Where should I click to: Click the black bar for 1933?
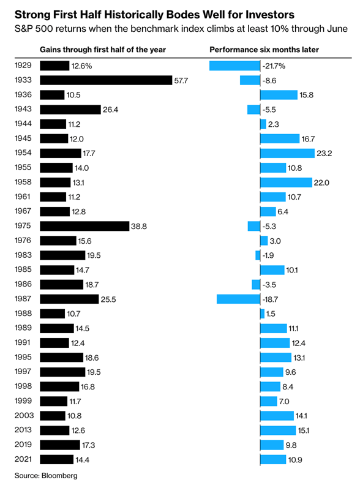coord(106,80)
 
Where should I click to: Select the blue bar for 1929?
coord(234,66)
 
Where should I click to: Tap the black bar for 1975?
coord(84,226)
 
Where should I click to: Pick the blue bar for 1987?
coord(238,299)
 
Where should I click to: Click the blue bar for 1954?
coord(287,153)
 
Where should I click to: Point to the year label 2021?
coord(23,459)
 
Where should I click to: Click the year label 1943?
coord(23,109)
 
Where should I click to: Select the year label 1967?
coord(23,211)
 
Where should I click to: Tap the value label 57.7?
coord(181,81)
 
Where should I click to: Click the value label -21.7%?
coord(274,66)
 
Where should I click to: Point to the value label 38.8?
coord(139,227)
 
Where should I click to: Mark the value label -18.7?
coord(271,299)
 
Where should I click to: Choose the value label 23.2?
coord(324,154)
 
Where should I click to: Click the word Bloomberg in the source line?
coord(59,476)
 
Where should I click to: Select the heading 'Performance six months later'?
coord(264,50)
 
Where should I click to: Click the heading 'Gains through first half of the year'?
coord(103,50)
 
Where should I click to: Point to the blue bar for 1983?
coord(258,255)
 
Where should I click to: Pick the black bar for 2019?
coord(60,445)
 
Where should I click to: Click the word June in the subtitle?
coord(338,29)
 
